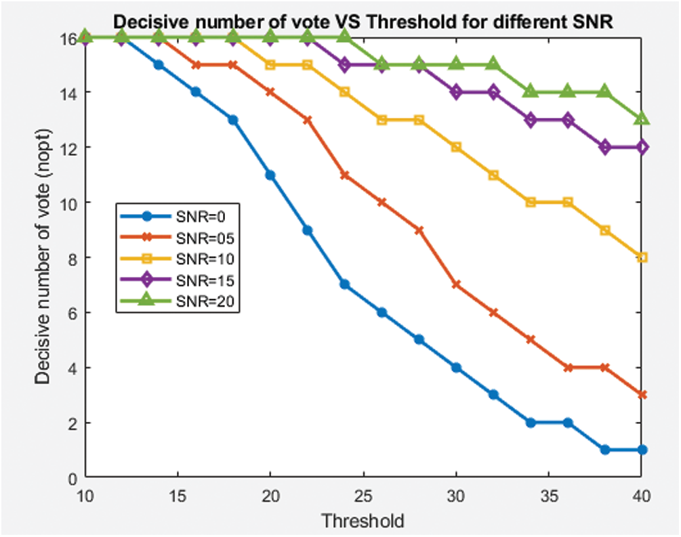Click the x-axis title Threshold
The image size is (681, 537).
[363, 521]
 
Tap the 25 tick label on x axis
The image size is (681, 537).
[364, 496]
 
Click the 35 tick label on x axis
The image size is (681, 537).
[550, 496]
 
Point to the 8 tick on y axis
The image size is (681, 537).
[70, 258]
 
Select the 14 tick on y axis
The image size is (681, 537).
[67, 93]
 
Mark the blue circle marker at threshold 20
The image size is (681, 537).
[270, 175]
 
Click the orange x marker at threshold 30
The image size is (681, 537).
[456, 284]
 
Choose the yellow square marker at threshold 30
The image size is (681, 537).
[456, 147]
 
